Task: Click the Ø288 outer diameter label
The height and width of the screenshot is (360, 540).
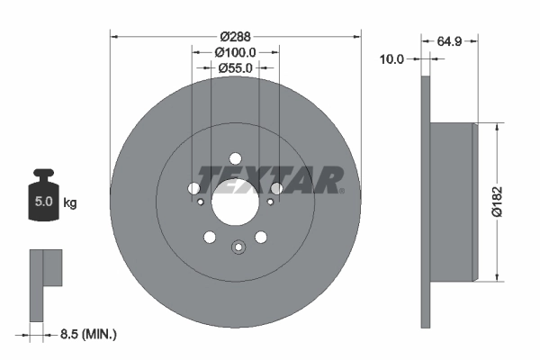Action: pos(236,37)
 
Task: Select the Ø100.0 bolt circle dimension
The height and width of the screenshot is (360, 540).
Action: pos(236,53)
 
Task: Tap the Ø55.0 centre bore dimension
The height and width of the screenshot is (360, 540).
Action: pos(236,68)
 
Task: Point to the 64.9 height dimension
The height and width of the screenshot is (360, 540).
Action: pos(451,40)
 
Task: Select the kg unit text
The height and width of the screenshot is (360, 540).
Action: pos(70,203)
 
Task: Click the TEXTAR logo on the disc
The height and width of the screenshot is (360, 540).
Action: pos(270,179)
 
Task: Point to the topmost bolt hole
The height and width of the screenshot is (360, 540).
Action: pos(235,157)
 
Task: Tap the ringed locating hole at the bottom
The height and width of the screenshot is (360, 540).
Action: pos(238,248)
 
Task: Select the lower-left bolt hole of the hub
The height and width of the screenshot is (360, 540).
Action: pos(210,237)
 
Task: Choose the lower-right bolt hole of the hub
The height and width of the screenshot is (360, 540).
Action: pos(261,237)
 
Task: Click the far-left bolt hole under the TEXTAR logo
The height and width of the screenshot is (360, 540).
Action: pos(193,189)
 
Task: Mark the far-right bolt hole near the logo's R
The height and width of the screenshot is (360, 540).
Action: pos(277,189)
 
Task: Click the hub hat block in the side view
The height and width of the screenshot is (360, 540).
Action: pos(452,202)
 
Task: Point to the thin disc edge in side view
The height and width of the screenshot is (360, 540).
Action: pos(425,202)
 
